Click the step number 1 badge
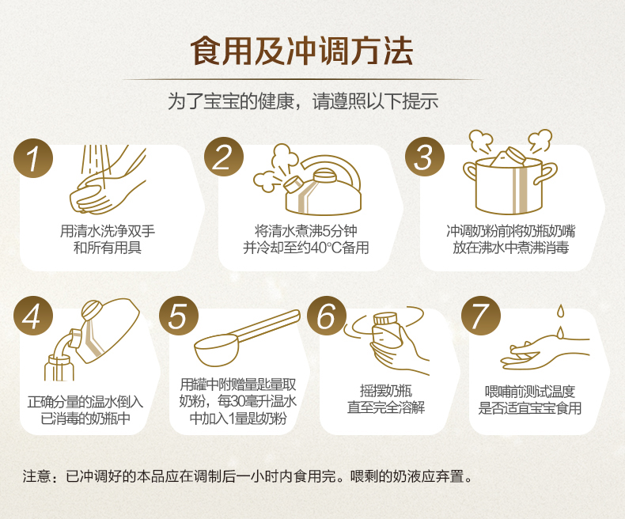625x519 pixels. [33, 158]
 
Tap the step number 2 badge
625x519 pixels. [224, 157]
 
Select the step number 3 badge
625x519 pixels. [425, 157]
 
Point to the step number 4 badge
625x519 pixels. [33, 316]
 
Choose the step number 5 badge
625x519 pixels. [179, 316]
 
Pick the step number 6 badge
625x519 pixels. [327, 316]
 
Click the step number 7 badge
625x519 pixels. [481, 316]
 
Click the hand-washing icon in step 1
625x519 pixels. [108, 180]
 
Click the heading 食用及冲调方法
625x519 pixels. [301, 51]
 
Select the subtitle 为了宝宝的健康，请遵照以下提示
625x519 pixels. [303, 100]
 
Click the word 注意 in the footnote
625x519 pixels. [36, 476]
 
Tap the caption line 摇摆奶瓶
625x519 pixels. [386, 391]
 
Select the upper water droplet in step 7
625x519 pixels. [561, 310]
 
